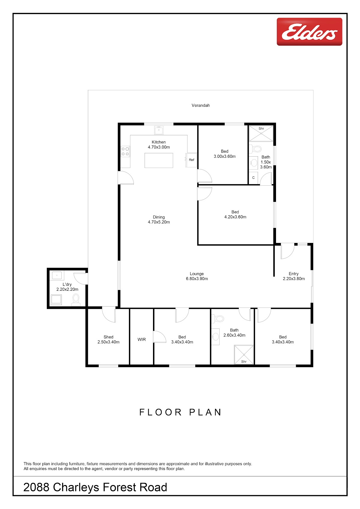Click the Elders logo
tap(309, 31)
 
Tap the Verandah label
tap(200, 106)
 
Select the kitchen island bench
tap(159, 160)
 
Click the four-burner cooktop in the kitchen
tap(125, 151)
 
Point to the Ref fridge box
tap(191, 160)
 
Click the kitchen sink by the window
tap(159, 130)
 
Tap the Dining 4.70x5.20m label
tap(159, 220)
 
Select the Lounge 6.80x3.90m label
tap(197, 276)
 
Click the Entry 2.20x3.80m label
tap(294, 276)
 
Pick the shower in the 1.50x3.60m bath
tap(261, 133)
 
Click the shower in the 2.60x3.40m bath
tap(244, 355)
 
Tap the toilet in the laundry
tap(76, 300)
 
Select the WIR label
tap(142, 340)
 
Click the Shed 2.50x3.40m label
tap(108, 340)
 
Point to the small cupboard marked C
tap(253, 178)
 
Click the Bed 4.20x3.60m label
tap(235, 214)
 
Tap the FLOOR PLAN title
tap(180, 412)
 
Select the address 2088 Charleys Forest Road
tap(95, 487)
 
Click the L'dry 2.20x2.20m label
tap(67, 287)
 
